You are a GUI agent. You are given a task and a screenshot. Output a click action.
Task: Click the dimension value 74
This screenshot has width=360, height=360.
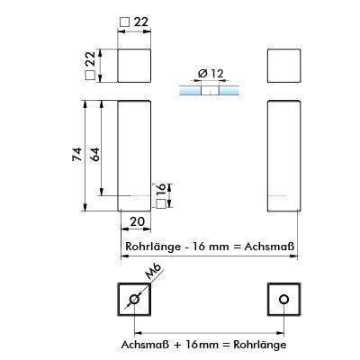77,155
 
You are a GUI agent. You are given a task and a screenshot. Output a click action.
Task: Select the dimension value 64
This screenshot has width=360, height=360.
94,155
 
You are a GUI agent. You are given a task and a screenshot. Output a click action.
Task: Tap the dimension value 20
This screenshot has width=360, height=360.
138,221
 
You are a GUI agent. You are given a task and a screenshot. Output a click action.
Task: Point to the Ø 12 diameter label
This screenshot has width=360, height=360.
211,73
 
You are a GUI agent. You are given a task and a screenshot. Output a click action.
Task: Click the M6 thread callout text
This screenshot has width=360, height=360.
153,272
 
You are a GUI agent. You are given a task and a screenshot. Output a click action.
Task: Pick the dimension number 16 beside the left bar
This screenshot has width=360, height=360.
160,191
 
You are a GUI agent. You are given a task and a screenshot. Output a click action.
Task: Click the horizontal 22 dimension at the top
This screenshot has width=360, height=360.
141,22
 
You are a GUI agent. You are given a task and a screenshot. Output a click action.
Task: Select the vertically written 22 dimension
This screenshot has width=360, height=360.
90,59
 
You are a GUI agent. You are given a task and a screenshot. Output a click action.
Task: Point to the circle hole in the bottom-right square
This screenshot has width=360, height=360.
283,299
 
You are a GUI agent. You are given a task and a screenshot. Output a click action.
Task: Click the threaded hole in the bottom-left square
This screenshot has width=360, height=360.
134,299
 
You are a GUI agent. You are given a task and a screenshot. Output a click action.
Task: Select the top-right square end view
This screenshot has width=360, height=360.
283,66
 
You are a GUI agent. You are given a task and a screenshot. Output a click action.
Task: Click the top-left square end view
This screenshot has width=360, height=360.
134,66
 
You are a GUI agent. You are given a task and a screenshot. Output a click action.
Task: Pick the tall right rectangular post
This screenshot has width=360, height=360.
283,156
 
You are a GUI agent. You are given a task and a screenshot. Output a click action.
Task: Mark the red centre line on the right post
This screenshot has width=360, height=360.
276,195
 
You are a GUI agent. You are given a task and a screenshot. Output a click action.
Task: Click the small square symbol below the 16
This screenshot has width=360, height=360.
161,204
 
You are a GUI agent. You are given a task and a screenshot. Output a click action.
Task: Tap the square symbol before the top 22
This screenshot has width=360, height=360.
124,22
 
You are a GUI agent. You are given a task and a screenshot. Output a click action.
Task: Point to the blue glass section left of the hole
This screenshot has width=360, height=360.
190,91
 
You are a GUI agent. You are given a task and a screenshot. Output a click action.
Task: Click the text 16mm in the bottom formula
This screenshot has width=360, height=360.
202,344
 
